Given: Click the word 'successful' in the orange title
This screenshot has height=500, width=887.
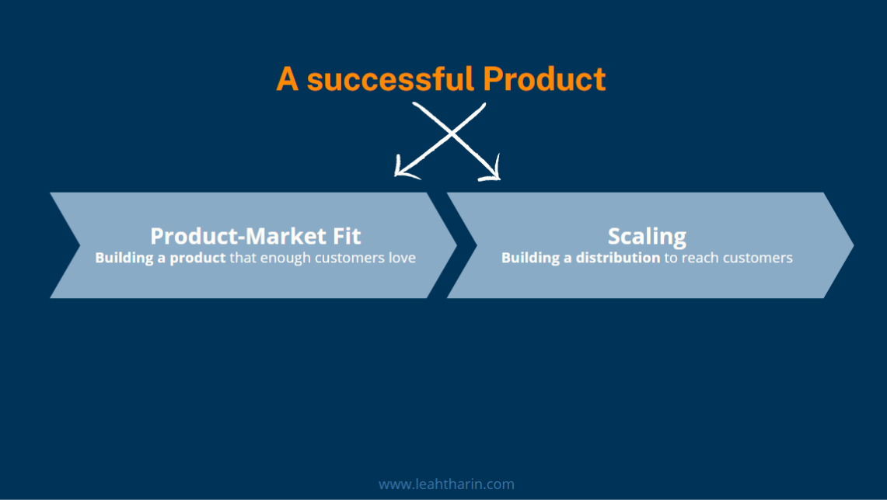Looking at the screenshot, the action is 389,79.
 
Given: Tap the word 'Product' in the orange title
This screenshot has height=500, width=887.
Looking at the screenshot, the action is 543,79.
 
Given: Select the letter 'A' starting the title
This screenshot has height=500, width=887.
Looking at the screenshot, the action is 288,79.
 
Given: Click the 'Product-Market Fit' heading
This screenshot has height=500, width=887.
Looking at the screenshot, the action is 255,235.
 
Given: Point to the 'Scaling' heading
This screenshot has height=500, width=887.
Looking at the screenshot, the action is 647,236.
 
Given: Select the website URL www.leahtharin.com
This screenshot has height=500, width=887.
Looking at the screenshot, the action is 446,484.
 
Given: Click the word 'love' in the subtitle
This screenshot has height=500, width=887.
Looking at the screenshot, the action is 402,258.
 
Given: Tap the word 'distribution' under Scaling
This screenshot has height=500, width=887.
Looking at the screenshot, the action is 618,258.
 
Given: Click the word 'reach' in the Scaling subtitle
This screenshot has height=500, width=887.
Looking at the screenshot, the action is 700,258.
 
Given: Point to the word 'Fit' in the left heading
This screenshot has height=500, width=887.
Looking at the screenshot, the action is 346,235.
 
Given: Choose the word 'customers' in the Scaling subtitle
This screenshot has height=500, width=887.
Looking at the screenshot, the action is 758,258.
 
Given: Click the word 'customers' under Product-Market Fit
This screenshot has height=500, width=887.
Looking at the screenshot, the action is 350,258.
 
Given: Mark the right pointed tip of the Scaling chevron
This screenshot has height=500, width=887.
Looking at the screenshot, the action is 852,245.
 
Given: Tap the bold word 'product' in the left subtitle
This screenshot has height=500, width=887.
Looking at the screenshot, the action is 197,258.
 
